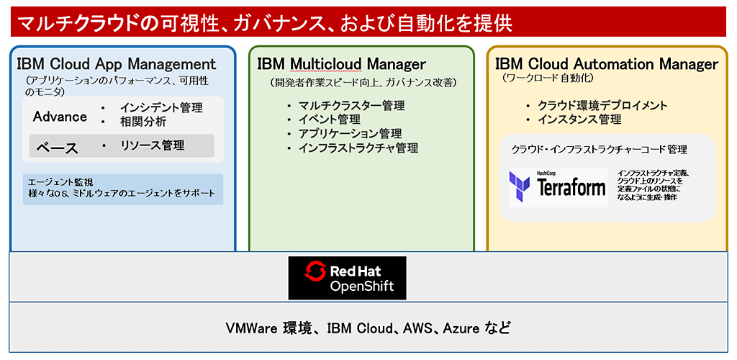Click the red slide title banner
pyautogui.click(x=368, y=22)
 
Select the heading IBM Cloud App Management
pyautogui.click(x=117, y=63)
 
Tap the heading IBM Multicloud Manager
pyautogui.click(x=342, y=63)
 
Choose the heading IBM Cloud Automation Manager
pyautogui.click(x=606, y=63)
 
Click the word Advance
pyautogui.click(x=60, y=117)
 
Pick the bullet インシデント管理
pyautogui.click(x=161, y=107)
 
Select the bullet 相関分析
pyautogui.click(x=143, y=122)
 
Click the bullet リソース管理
pyautogui.click(x=153, y=145)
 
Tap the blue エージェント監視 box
pyautogui.click(x=123, y=189)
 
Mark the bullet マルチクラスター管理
pyautogui.click(x=351, y=105)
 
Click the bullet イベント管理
pyautogui.click(x=330, y=120)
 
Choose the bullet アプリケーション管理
pyautogui.click(x=351, y=134)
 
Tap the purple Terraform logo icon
pyautogui.click(x=520, y=187)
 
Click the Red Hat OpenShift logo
pyautogui.click(x=348, y=278)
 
